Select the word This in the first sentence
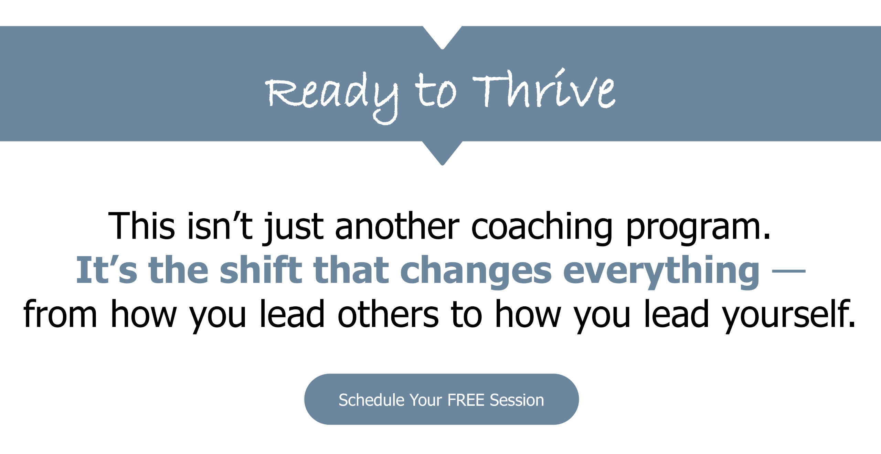point(141,226)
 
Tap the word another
point(397,226)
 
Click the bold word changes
point(476,272)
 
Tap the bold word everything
point(661,272)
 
